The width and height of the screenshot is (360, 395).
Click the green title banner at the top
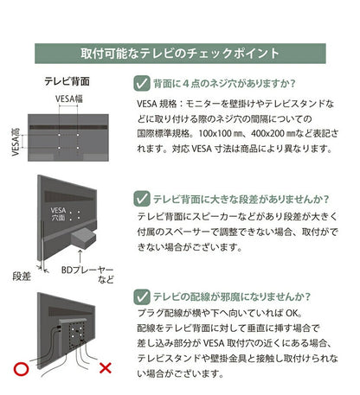[180, 54]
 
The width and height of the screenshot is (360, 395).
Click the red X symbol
[106, 370]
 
